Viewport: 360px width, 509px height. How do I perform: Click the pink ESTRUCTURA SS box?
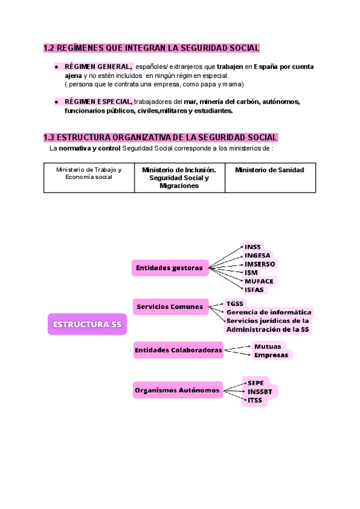87,325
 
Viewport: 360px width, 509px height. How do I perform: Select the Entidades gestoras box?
169,268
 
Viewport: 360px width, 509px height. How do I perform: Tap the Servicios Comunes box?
170,307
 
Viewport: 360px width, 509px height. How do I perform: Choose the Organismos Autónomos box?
177,391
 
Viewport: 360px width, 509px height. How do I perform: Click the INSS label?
253,247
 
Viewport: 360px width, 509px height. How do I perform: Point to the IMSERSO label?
260,264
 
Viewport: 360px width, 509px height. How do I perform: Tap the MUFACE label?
259,280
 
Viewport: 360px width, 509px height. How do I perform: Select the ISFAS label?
254,289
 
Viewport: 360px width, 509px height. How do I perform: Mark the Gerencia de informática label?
269,312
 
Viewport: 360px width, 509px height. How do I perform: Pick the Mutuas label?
267,346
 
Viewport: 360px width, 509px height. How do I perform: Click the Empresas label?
271,355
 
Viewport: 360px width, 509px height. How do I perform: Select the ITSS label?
255,400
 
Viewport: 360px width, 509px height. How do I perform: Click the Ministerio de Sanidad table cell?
269,170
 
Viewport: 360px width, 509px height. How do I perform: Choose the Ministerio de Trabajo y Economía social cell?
89,173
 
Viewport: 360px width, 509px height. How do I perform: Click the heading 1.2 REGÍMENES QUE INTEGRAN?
151,48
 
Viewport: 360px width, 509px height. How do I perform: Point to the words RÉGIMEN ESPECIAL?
98,102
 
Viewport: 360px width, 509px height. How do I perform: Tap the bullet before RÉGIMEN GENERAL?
56,67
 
